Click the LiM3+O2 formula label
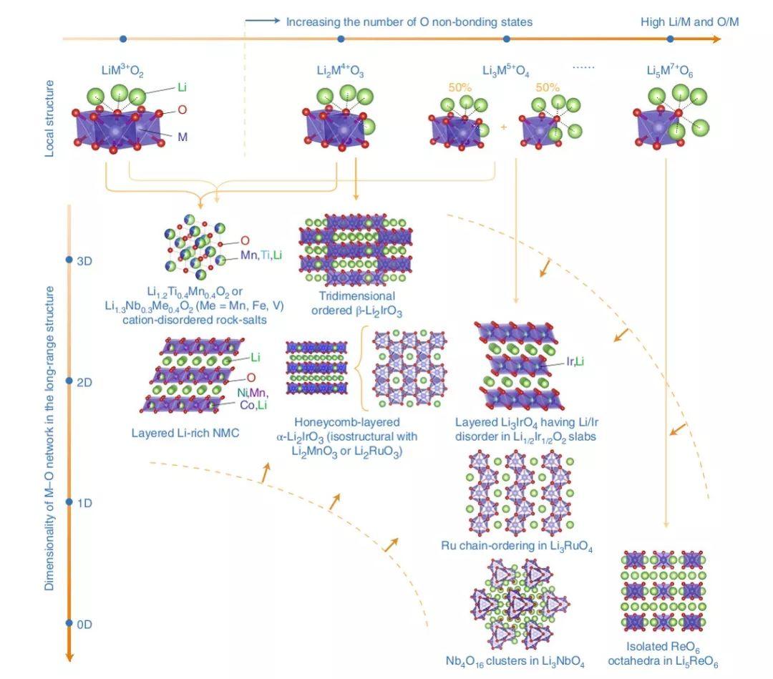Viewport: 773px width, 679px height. (122, 72)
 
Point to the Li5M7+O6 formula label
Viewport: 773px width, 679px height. (669, 72)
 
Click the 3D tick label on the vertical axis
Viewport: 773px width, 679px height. (84, 260)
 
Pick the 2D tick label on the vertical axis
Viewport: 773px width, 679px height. (84, 381)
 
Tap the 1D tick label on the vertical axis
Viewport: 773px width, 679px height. (84, 503)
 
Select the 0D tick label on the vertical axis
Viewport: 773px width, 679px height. (84, 624)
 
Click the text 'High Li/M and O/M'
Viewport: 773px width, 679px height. (689, 22)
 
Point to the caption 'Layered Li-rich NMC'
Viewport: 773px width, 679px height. (185, 433)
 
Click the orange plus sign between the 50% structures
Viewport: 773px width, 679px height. (503, 127)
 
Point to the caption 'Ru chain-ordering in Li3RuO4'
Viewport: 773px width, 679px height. (517, 547)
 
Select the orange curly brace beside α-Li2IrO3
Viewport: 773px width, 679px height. (363, 368)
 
